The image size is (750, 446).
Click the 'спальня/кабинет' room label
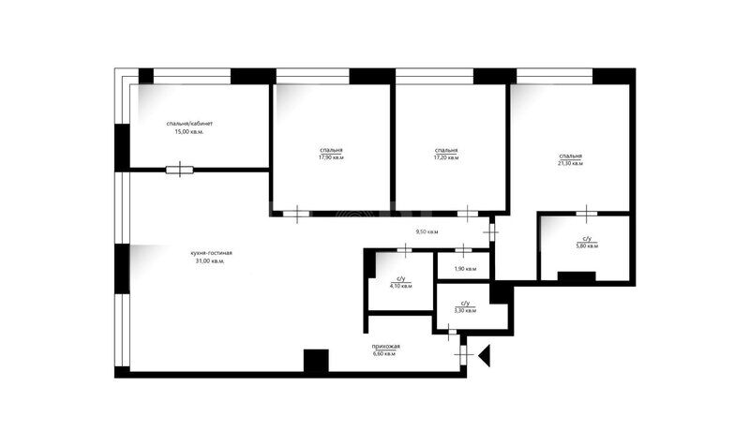(x=189, y=124)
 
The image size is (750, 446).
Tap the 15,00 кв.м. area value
(x=189, y=132)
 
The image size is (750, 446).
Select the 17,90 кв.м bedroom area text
(x=331, y=157)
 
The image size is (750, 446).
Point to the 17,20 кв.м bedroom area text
(x=446, y=157)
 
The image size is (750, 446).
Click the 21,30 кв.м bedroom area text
(x=571, y=163)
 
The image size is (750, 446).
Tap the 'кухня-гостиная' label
(x=211, y=253)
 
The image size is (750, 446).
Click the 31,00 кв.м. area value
(x=210, y=261)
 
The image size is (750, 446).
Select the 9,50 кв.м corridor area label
(x=427, y=231)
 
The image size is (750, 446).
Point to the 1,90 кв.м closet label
(x=465, y=269)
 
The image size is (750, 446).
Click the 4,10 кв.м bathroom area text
(x=401, y=286)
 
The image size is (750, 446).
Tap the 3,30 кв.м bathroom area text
(x=465, y=310)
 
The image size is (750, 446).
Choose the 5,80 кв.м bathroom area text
(x=587, y=245)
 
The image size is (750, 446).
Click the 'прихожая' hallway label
(x=385, y=347)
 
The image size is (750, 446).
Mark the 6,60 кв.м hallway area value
(x=384, y=354)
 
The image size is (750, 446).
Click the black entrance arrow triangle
(x=484, y=356)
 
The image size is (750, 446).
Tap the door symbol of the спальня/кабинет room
(x=180, y=170)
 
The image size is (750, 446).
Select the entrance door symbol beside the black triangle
(x=462, y=355)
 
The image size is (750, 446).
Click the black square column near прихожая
(x=316, y=361)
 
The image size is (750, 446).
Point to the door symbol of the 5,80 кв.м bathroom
(x=587, y=214)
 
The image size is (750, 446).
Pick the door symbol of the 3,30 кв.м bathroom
(x=451, y=332)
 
